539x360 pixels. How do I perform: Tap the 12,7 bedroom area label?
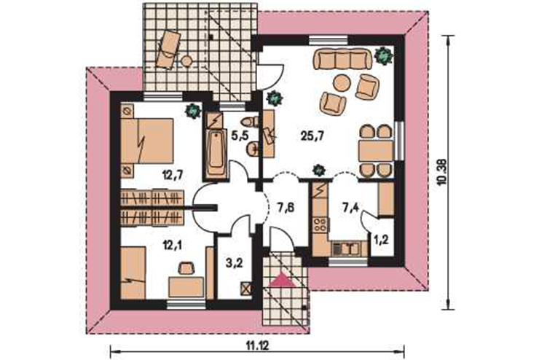tap(172, 176)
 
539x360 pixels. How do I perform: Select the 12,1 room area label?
tap(172, 245)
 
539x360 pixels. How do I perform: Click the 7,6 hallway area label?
tap(286, 208)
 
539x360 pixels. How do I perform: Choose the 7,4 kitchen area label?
tap(350, 208)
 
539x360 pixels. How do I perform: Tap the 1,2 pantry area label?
tap(381, 240)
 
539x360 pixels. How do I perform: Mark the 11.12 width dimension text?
tap(257, 345)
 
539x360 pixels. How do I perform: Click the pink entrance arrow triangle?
tap(283, 280)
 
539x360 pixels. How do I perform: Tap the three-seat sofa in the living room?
tap(342, 60)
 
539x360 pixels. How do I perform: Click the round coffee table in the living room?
tap(342, 83)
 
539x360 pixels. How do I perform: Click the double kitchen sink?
tap(346, 249)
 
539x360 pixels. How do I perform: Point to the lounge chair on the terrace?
tap(168, 49)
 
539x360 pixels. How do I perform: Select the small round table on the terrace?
tap(186, 61)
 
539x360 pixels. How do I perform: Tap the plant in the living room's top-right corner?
tap(384, 55)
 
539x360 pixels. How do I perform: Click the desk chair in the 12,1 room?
tap(186, 268)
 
